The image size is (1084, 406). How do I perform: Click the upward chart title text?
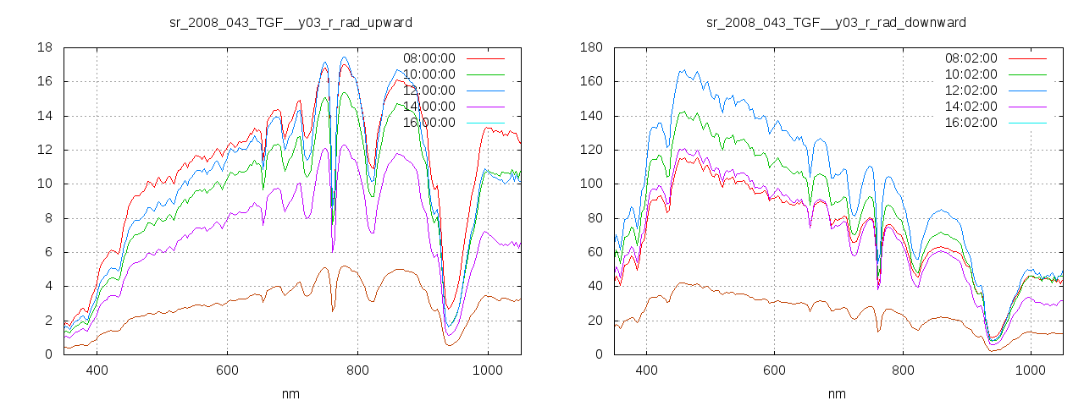pyautogui.click(x=291, y=22)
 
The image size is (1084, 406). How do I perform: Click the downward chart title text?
pyautogui.click(x=836, y=22)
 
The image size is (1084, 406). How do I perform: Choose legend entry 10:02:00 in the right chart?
pyautogui.click(x=971, y=74)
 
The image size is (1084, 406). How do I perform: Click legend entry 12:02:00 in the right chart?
pyautogui.click(x=971, y=91)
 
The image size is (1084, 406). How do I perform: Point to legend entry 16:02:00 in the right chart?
pyautogui.click(x=971, y=123)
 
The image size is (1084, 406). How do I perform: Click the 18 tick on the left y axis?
pyautogui.click(x=45, y=47)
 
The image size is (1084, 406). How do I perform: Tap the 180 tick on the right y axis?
pyautogui.click(x=591, y=47)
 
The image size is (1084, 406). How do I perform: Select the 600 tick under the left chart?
pyautogui.click(x=227, y=370)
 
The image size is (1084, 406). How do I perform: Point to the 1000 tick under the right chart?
pyautogui.click(x=1030, y=370)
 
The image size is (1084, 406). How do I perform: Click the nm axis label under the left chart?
pyautogui.click(x=291, y=394)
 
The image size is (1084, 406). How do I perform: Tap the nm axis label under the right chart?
pyautogui.click(x=837, y=394)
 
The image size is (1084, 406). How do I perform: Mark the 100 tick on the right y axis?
pyautogui.click(x=591, y=184)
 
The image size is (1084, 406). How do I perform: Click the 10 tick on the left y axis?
pyautogui.click(x=45, y=184)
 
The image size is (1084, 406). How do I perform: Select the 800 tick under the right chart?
pyautogui.click(x=902, y=370)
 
